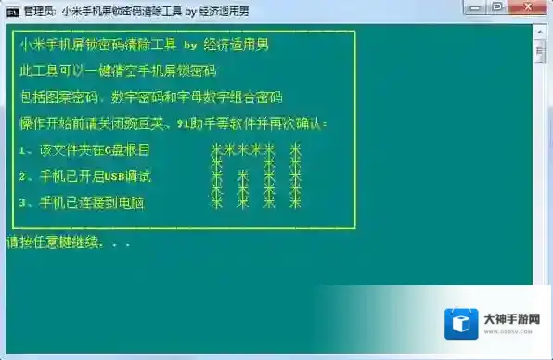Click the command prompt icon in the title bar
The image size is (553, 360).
tap(11, 11)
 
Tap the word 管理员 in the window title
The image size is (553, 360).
tap(37, 11)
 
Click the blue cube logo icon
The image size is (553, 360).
tap(459, 326)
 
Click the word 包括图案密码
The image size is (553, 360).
tap(58, 96)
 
